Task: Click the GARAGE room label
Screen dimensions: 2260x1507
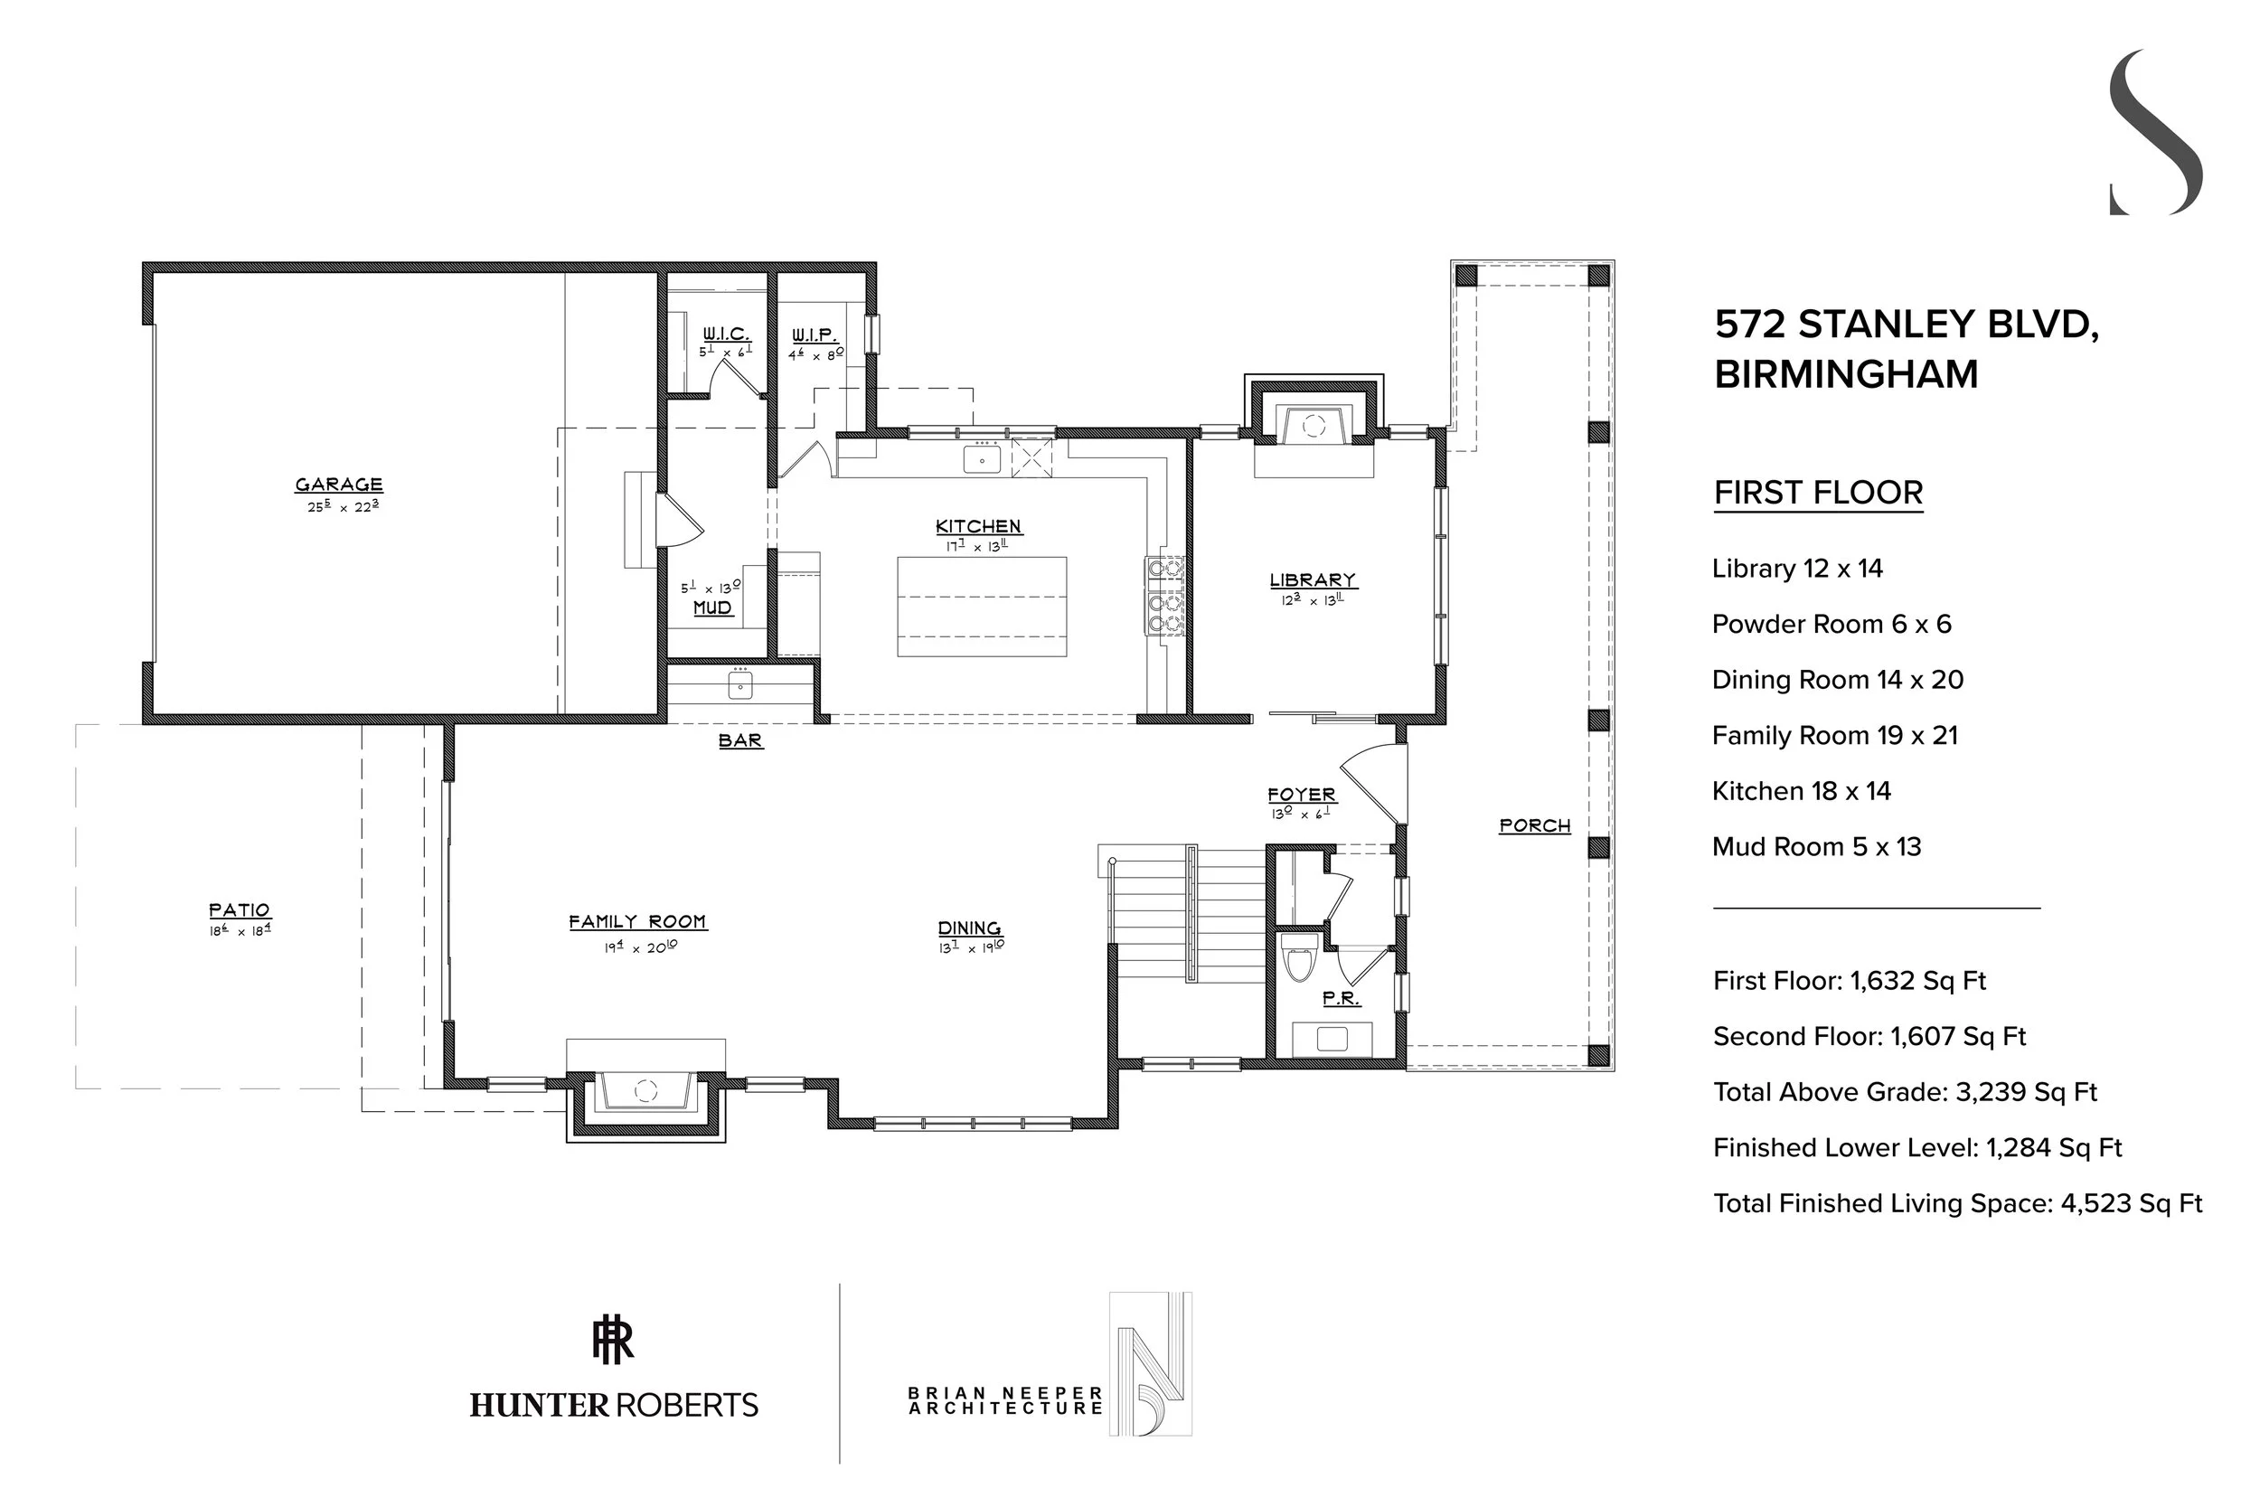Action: click(x=338, y=485)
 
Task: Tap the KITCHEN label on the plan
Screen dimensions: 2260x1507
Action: click(x=978, y=526)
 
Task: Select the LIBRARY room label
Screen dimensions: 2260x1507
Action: click(x=1313, y=579)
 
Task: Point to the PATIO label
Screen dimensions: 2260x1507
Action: click(x=240, y=909)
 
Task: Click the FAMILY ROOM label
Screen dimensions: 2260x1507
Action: click(x=637, y=922)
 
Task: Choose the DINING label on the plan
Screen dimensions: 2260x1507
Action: click(x=969, y=928)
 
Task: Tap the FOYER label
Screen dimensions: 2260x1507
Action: click(x=1302, y=794)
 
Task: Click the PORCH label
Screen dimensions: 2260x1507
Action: click(x=1534, y=824)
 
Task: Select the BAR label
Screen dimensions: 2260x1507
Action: click(x=741, y=740)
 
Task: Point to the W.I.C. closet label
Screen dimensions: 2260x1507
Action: click(x=726, y=334)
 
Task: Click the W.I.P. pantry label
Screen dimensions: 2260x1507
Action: click(x=815, y=335)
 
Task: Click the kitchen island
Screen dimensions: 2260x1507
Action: click(x=981, y=607)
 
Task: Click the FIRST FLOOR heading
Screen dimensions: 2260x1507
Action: click(x=1818, y=493)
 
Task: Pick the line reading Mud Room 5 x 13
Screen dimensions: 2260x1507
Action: click(x=1816, y=847)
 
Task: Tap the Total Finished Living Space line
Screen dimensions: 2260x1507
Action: click(x=1957, y=1203)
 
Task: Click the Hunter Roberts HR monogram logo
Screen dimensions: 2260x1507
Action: click(x=613, y=1341)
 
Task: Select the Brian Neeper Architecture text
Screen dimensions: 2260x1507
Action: click(x=1005, y=1400)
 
